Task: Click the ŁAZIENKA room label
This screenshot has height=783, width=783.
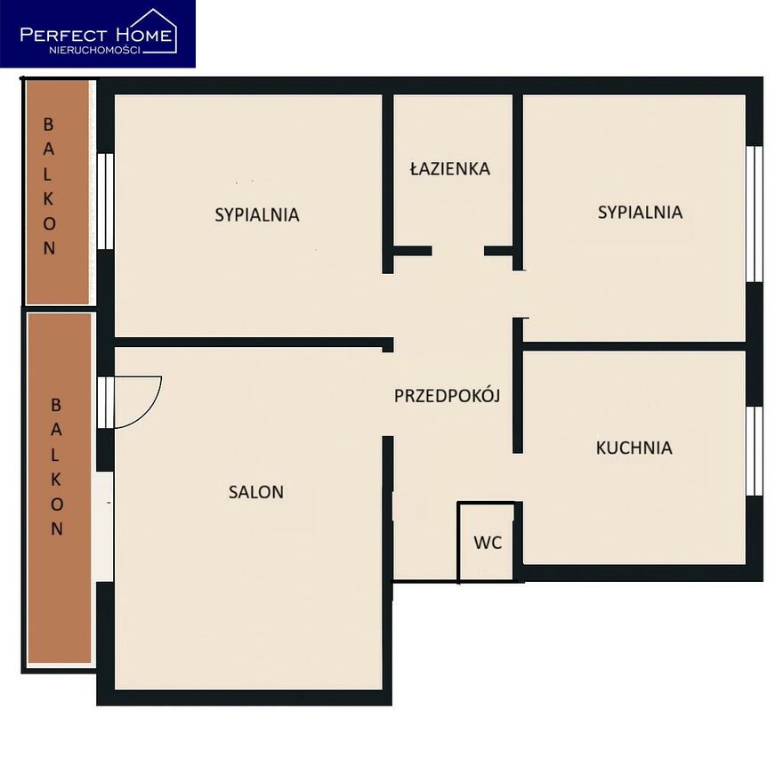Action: pyautogui.click(x=450, y=168)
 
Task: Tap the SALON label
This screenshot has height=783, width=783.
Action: pyautogui.click(x=256, y=492)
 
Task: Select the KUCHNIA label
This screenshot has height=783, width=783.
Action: pyautogui.click(x=634, y=448)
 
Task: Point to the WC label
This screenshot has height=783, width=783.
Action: pyautogui.click(x=488, y=543)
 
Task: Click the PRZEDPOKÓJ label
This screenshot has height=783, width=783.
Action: pyautogui.click(x=448, y=395)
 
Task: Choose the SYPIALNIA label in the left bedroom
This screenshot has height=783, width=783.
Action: pyautogui.click(x=257, y=214)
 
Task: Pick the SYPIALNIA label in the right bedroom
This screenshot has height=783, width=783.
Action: pyautogui.click(x=640, y=213)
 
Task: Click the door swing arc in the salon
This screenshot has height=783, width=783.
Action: pyautogui.click(x=149, y=413)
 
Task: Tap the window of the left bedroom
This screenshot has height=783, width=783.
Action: pyautogui.click(x=105, y=201)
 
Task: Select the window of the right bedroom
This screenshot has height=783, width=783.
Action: pyautogui.click(x=755, y=214)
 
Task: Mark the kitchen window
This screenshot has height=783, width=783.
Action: pyautogui.click(x=755, y=451)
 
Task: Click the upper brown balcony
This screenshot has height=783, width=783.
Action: pyautogui.click(x=58, y=192)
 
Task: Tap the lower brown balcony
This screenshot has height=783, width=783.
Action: pyautogui.click(x=60, y=488)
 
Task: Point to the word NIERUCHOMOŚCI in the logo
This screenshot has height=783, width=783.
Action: pyautogui.click(x=94, y=50)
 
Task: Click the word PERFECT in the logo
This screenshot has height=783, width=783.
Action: pyautogui.click(x=63, y=35)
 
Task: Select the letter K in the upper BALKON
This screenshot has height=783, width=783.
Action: pyautogui.click(x=48, y=198)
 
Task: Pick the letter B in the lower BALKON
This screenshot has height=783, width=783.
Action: pyautogui.click(x=56, y=405)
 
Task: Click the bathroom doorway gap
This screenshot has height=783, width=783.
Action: pyautogui.click(x=458, y=251)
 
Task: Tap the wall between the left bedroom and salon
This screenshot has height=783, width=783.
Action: pyautogui.click(x=254, y=343)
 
